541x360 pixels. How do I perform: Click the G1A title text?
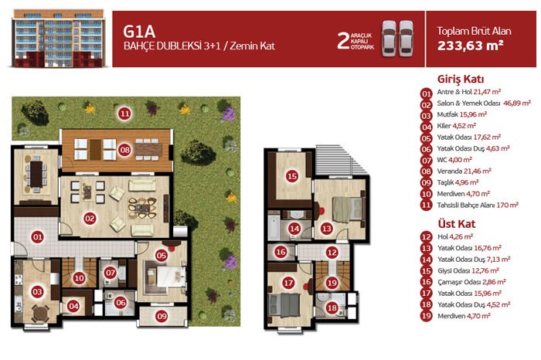tap(139, 32)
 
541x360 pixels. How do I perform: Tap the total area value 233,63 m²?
tap(470, 46)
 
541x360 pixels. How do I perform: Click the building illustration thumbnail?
tap(58, 39)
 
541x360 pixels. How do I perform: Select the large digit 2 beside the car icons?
tap(342, 41)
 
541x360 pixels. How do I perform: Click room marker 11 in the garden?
tap(124, 113)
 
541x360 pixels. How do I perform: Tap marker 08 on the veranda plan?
tap(124, 150)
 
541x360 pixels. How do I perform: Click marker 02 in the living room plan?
tap(90, 218)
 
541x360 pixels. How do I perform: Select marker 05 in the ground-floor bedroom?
tap(161, 255)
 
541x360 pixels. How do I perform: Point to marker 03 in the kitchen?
tap(37, 292)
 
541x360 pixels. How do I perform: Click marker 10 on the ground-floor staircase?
tap(79, 277)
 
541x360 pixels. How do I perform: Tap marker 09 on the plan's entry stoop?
tap(162, 315)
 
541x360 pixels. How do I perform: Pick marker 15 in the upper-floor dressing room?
tap(292, 176)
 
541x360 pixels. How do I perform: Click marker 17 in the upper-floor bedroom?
tap(288, 283)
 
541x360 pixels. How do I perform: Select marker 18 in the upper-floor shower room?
tap(332, 307)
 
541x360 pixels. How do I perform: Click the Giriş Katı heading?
tap(461, 80)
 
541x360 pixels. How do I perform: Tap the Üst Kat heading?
tap(457, 224)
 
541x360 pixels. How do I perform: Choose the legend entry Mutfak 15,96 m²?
tap(462, 114)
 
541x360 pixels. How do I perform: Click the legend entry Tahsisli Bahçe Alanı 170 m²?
tap(478, 205)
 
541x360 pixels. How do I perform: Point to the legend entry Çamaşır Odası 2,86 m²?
tap(471, 282)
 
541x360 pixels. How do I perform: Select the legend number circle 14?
tap(427, 260)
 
